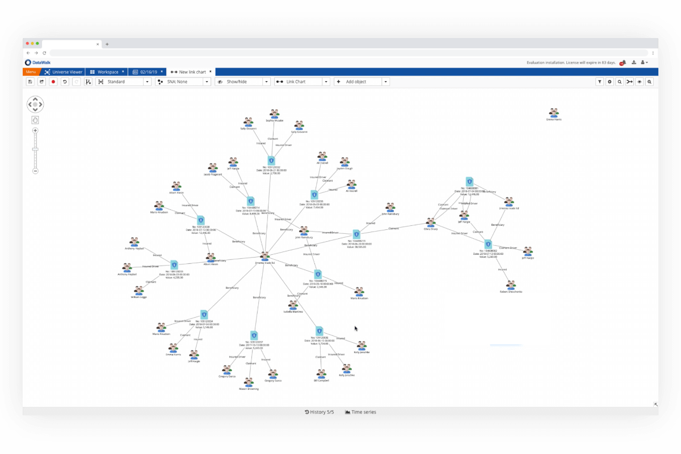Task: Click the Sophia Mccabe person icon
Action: [274, 113]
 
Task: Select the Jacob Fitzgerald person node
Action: [213, 167]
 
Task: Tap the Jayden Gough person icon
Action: [344, 162]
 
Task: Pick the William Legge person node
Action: [138, 291]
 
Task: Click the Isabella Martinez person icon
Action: [293, 305]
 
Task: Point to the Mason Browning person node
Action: [249, 382]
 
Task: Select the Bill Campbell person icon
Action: [322, 374]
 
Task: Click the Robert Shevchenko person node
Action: [511, 285]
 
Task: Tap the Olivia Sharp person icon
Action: [431, 223]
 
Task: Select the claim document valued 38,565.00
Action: [356, 234]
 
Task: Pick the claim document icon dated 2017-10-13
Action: [254, 335]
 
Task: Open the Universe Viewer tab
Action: [64, 72]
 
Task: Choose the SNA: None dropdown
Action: [183, 82]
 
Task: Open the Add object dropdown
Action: [361, 82]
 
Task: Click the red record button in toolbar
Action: [53, 82]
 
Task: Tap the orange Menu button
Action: [31, 72]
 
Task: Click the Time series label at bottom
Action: [360, 412]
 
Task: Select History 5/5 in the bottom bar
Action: [320, 412]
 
